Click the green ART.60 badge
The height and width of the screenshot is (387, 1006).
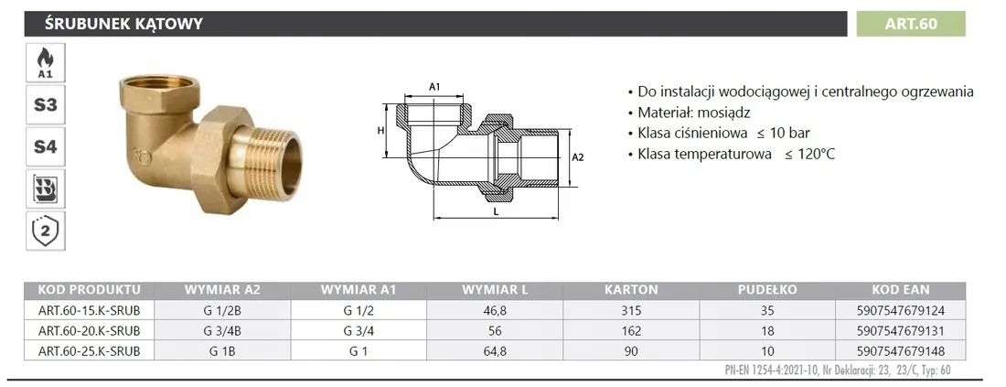pos(910,24)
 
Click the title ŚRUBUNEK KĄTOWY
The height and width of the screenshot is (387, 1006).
pos(123,25)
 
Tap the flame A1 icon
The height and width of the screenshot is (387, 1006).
pos(45,63)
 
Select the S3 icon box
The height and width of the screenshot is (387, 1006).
pos(45,104)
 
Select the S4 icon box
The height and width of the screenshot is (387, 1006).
pos(45,147)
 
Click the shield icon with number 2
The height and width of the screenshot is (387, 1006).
pos(45,231)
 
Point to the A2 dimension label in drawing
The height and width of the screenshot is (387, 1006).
pos(577,157)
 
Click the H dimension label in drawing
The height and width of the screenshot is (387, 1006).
pos(380,130)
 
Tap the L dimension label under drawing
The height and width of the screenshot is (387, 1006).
pos(497,210)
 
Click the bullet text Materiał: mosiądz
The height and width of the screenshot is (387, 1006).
pos(694,113)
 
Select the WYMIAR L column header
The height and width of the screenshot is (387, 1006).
pos(495,289)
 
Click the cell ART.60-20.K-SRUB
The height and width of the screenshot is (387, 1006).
pos(89,331)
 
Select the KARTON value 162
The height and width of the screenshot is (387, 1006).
pos(631,331)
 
